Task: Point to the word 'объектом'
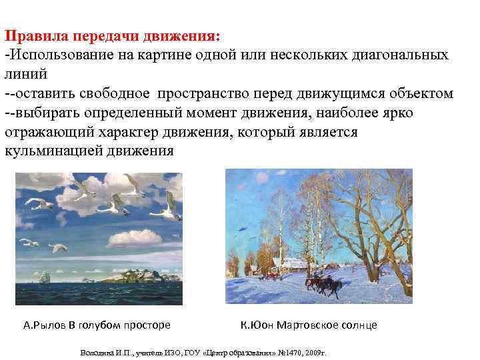pos(421,93)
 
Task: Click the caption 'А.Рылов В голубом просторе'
pos(97,325)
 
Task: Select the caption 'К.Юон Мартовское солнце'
pos(309,325)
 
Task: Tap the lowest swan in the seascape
pos(61,249)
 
